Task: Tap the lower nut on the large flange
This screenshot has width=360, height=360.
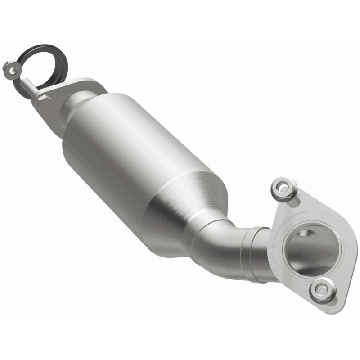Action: [x=323, y=290]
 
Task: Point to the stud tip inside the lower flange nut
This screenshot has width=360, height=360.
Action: [x=322, y=290]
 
